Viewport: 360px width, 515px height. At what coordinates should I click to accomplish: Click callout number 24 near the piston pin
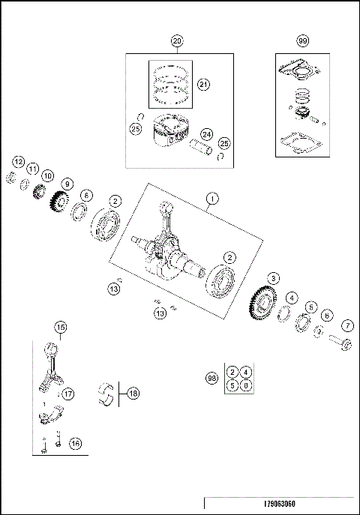[x=206, y=135]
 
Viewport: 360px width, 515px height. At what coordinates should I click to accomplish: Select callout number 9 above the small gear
[x=67, y=184]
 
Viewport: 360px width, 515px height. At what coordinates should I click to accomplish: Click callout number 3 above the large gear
[x=274, y=278]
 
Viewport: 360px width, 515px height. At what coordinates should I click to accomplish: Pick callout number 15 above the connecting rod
[x=61, y=327]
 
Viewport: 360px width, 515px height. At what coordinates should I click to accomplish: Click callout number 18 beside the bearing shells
[x=133, y=392]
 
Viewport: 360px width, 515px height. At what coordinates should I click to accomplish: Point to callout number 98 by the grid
[x=211, y=379]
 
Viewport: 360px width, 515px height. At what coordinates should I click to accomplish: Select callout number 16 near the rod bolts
[x=75, y=443]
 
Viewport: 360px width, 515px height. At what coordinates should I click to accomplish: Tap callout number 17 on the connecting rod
[x=67, y=394]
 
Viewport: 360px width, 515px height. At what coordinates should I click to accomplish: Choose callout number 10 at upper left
[x=47, y=176]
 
